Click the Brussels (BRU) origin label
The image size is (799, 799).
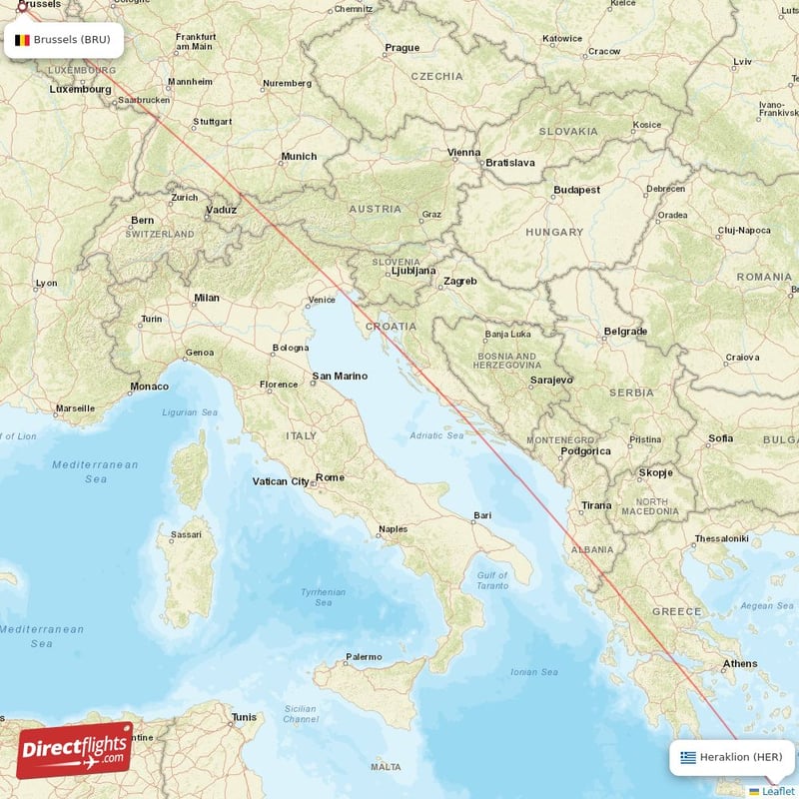click(71, 41)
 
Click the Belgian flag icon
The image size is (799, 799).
click(22, 41)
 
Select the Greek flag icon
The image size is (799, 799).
click(688, 757)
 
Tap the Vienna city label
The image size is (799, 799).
click(463, 153)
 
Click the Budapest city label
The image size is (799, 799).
click(577, 189)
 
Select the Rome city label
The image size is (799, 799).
click(330, 477)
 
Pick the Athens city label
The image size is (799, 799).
click(740, 663)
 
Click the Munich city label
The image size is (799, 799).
click(299, 156)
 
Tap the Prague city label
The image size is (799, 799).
click(402, 47)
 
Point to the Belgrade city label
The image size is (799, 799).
click(625, 331)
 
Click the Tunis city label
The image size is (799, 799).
click(244, 716)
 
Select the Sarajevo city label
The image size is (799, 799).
click(551, 380)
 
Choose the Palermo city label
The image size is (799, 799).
click(363, 656)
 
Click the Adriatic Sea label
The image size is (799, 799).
click(436, 435)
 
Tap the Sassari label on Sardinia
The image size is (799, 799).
click(186, 534)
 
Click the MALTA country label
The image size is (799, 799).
click(386, 766)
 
